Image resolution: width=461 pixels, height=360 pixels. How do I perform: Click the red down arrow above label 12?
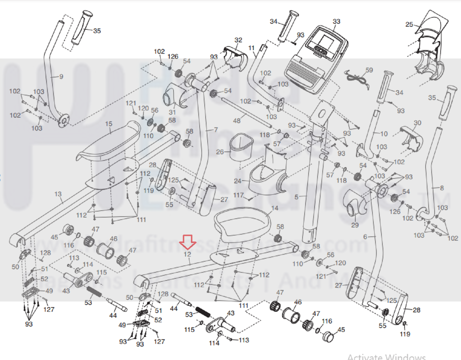tap(188, 242)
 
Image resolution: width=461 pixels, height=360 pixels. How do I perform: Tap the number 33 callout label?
tap(336, 21)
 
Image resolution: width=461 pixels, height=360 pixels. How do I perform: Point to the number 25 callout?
tap(409, 24)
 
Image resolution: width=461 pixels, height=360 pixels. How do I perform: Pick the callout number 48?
tap(237, 121)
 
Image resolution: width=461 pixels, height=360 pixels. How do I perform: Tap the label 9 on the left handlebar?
tap(61, 77)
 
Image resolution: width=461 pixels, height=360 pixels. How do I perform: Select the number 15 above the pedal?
tap(109, 124)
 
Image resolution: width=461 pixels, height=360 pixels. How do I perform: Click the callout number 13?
tap(58, 194)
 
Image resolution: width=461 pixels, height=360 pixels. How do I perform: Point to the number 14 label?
tap(275, 208)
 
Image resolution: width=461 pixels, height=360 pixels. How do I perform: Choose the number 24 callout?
tap(238, 181)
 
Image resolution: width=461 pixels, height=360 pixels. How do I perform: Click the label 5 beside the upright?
tap(296, 197)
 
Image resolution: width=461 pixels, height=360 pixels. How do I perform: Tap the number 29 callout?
tap(355, 225)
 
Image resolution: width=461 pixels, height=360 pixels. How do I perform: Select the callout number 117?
tap(238, 195)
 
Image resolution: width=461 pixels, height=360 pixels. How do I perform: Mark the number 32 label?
tap(238, 40)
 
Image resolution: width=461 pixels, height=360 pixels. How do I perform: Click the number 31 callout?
tap(172, 112)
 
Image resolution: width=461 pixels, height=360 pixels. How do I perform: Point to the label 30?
tap(417, 123)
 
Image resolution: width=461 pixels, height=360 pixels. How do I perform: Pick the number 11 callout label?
tap(252, 48)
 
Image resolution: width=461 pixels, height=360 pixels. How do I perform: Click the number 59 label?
tap(369, 70)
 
